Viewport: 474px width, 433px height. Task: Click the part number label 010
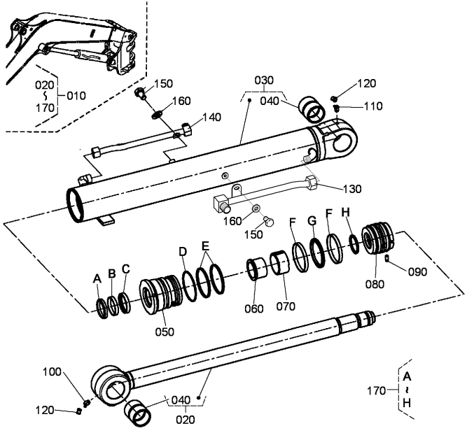pyautogui.click(x=76, y=96)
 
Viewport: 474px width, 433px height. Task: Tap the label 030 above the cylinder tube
pyautogui.click(x=264, y=80)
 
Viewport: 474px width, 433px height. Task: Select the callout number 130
pyautogui.click(x=352, y=189)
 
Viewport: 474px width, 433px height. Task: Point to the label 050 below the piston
pyautogui.click(x=165, y=332)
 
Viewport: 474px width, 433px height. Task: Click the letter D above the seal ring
pyautogui.click(x=183, y=252)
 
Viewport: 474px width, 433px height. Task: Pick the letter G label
pyautogui.click(x=312, y=221)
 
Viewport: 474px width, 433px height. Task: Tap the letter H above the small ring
pyautogui.click(x=346, y=213)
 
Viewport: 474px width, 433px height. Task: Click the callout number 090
pyautogui.click(x=417, y=271)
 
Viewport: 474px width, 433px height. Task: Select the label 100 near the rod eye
pyautogui.click(x=52, y=371)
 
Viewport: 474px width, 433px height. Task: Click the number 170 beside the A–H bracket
pyautogui.click(x=377, y=391)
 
